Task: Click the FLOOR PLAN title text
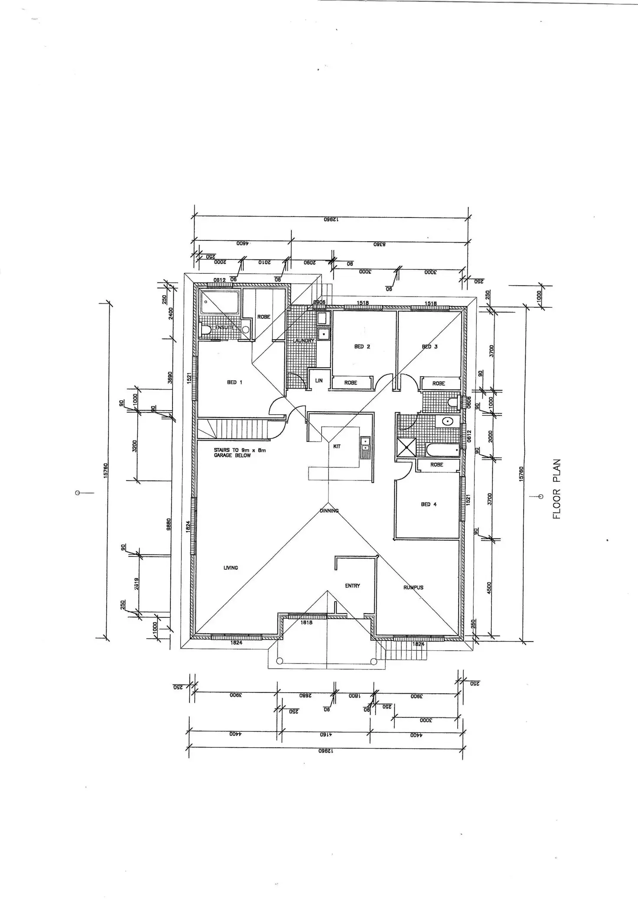click(557, 489)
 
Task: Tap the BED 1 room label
click(234, 383)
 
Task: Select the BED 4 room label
click(429, 504)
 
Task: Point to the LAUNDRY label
click(303, 341)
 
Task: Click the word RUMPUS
click(413, 587)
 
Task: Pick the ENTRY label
click(352, 586)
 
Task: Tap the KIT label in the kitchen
click(337, 446)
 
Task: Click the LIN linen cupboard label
click(319, 381)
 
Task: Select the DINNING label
click(329, 511)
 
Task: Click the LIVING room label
click(231, 568)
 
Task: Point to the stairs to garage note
click(240, 453)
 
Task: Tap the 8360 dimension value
click(380, 244)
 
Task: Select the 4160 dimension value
click(326, 735)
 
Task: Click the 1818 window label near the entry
click(306, 623)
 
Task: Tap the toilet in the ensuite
click(205, 331)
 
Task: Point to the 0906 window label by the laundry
click(319, 302)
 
